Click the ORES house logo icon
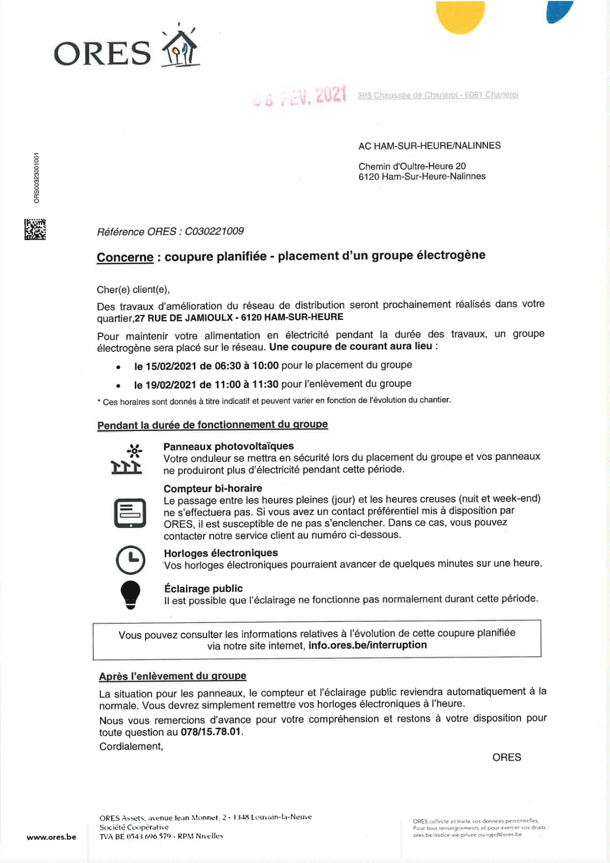[181, 47]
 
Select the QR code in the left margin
[35, 229]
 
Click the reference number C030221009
[214, 231]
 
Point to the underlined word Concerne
[125, 257]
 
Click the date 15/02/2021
[171, 366]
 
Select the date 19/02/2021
[171, 385]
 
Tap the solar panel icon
[127, 459]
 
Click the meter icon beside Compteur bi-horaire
[130, 513]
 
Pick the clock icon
[131, 560]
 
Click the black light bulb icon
[130, 595]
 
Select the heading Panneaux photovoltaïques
[229, 447]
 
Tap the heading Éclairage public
[203, 588]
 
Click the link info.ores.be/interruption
[367, 645]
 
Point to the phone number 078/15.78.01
[211, 732]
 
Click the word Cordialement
[131, 746]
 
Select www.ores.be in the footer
[51, 837]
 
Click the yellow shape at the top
[460, 17]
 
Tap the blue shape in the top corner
[558, 12]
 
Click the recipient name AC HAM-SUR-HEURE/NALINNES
[429, 146]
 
